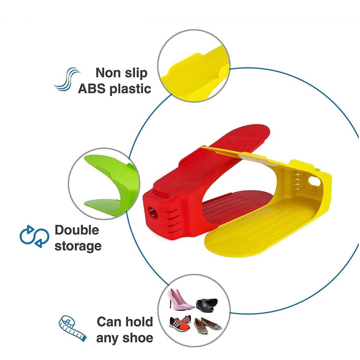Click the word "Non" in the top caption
[x=106, y=72]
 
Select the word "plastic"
[x=130, y=89]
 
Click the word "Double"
[x=77, y=230]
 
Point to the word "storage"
[x=78, y=246]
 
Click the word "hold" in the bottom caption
[x=138, y=322]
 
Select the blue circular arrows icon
[x=34, y=236]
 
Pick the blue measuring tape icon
[x=72, y=328]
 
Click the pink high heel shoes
[x=180, y=298]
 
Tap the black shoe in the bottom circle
[x=207, y=305]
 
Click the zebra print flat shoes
[x=207, y=326]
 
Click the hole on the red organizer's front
[x=153, y=212]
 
